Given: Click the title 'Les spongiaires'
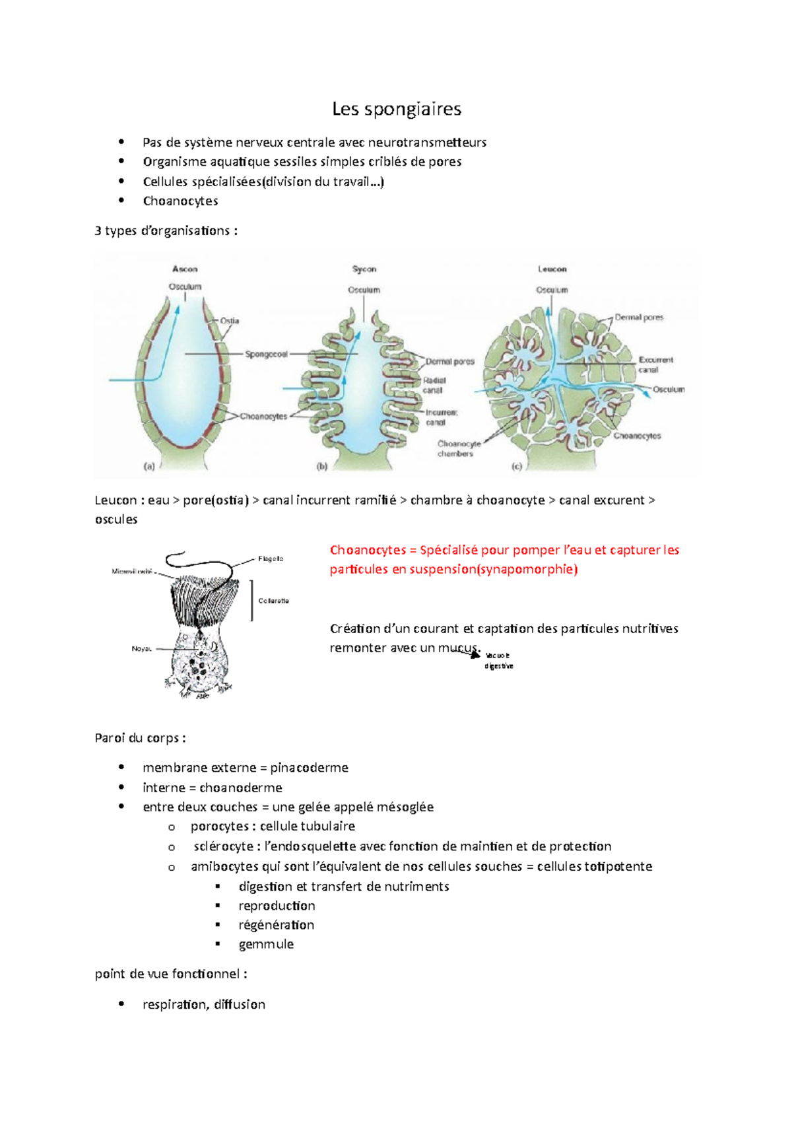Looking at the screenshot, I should pyautogui.click(x=396, y=109).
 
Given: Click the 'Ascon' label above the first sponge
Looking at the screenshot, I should pyautogui.click(x=185, y=269).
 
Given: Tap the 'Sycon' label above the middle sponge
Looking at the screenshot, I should pyautogui.click(x=364, y=269).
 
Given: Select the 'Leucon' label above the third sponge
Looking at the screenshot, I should pyautogui.click(x=552, y=269).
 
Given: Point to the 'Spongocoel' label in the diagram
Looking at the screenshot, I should pyautogui.click(x=266, y=355).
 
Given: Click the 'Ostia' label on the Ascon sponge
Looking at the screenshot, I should pyautogui.click(x=230, y=321).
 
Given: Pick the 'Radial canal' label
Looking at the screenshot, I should pyautogui.click(x=434, y=386).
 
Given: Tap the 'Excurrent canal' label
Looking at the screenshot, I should pyautogui.click(x=655, y=364).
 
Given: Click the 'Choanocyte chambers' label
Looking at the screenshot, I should pyautogui.click(x=458, y=449).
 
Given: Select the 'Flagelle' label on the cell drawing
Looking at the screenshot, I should pyautogui.click(x=271, y=559).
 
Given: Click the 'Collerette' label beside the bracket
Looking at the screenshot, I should pyautogui.click(x=273, y=601).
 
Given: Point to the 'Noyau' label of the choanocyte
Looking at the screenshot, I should pyautogui.click(x=141, y=649).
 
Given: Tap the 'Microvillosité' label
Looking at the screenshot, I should pyautogui.click(x=132, y=572).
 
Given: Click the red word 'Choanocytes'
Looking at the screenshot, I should pyautogui.click(x=368, y=550).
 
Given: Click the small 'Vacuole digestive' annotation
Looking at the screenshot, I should pyautogui.click(x=498, y=661).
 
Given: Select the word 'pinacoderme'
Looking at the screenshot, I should pyautogui.click(x=309, y=768).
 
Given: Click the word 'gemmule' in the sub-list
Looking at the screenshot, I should pyautogui.click(x=266, y=944).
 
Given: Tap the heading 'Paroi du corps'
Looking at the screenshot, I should pyautogui.click(x=139, y=738).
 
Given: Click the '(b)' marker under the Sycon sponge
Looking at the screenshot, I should pyautogui.click(x=322, y=466).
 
